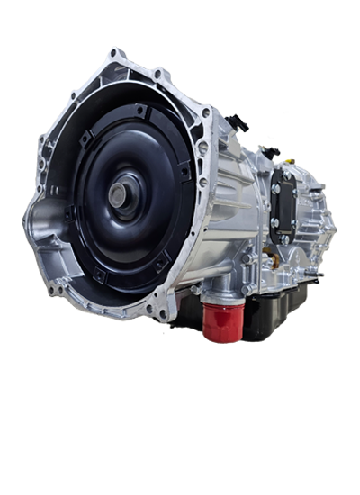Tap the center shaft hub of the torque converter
tap(122, 193)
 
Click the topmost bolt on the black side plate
tap(275, 188)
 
